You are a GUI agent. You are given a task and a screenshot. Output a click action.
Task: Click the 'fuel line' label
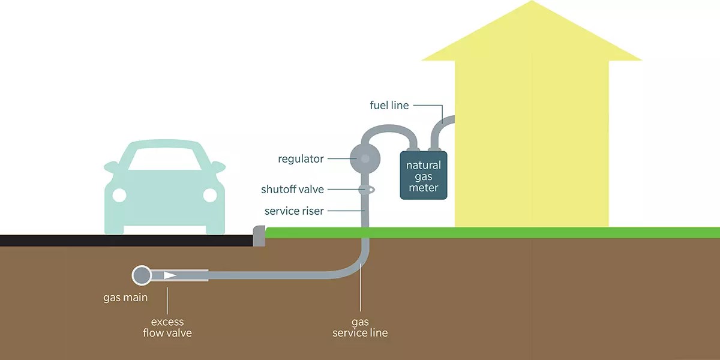coord(389,106)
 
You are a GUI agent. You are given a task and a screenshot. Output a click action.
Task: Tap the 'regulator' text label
coord(301,159)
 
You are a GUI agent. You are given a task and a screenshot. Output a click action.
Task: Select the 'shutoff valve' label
coord(292,190)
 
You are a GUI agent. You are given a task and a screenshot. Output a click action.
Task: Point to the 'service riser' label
coord(294,211)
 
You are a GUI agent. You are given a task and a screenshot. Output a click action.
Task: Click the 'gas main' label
coord(125,297)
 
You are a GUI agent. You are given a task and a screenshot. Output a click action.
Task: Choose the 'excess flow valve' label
coord(167,328)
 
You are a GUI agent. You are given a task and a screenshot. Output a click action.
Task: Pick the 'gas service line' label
coord(360,328)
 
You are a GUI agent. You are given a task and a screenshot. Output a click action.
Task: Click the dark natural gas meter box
coord(424,176)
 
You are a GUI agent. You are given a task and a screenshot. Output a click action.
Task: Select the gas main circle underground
coord(142,275)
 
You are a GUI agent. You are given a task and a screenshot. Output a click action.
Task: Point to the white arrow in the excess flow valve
coord(170,275)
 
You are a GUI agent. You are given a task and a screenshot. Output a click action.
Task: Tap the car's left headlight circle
coord(119,195)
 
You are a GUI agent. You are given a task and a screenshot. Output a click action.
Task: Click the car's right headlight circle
coord(209,195)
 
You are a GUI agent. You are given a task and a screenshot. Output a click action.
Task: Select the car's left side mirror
coord(110,166)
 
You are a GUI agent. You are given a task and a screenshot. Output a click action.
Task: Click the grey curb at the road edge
coord(259,236)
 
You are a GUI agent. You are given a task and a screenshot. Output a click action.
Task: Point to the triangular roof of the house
coord(532,36)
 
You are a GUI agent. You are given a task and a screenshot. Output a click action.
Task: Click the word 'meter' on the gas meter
coord(424,188)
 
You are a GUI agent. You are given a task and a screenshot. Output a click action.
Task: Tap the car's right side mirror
coord(218,166)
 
